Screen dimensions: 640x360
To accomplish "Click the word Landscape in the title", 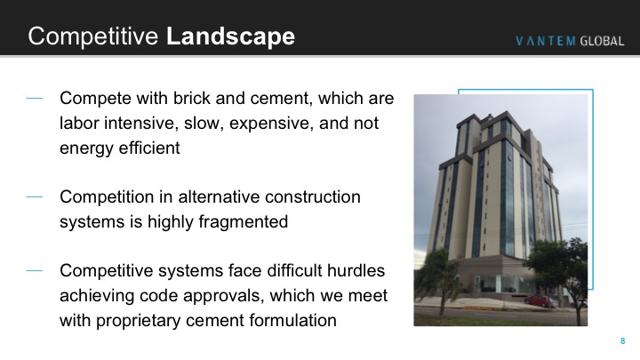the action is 230,36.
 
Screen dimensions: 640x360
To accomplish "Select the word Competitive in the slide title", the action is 93,36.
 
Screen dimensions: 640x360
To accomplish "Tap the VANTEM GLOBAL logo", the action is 570,41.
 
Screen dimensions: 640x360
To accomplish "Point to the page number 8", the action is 623,340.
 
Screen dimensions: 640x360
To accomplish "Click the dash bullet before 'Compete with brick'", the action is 35,98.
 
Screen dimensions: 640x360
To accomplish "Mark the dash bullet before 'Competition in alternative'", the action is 35,196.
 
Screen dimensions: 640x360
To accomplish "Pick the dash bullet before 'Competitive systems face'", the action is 35,270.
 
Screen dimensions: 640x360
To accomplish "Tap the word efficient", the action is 148,148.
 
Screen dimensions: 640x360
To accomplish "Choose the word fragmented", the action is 244,222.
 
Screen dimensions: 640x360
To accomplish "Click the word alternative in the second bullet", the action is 220,196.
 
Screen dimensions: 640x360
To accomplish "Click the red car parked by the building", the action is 540,300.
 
